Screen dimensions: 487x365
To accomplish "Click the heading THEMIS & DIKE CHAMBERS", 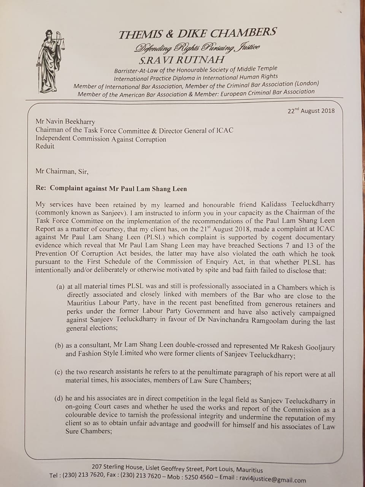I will click(x=197, y=33).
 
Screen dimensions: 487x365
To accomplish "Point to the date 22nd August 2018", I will click(x=311, y=111).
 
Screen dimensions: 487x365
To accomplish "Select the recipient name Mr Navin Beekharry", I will click(x=65, y=122).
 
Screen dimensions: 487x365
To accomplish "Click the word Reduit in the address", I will click(x=45, y=146).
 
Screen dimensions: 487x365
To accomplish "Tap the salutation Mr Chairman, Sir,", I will click(x=62, y=171).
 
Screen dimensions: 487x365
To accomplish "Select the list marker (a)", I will click(x=60, y=286).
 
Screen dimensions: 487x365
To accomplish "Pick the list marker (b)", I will click(x=59, y=346).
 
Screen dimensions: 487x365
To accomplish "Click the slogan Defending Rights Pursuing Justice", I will click(x=197, y=48).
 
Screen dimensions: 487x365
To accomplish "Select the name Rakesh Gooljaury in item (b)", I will click(x=309, y=347).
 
